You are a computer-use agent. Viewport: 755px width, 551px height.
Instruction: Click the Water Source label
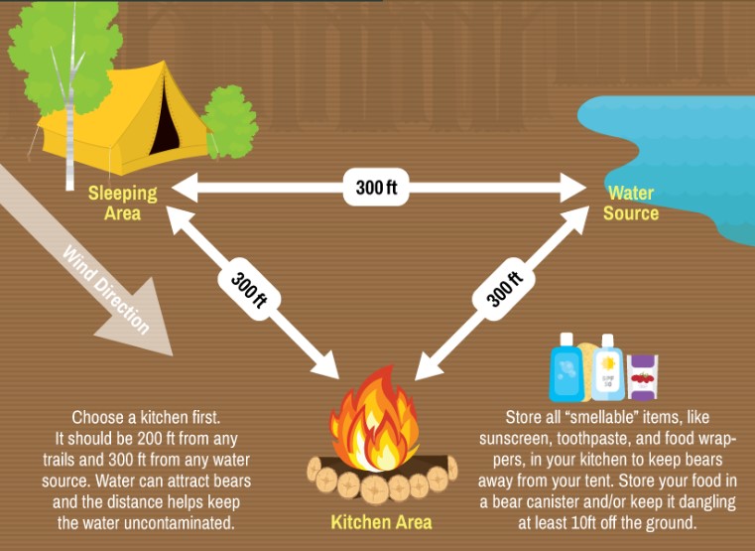click(x=631, y=203)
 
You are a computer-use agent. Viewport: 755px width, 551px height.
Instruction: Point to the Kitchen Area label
click(x=381, y=520)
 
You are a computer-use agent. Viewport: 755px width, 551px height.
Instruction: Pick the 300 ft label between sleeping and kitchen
click(x=249, y=289)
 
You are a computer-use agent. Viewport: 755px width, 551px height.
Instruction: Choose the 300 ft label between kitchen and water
click(x=505, y=287)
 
